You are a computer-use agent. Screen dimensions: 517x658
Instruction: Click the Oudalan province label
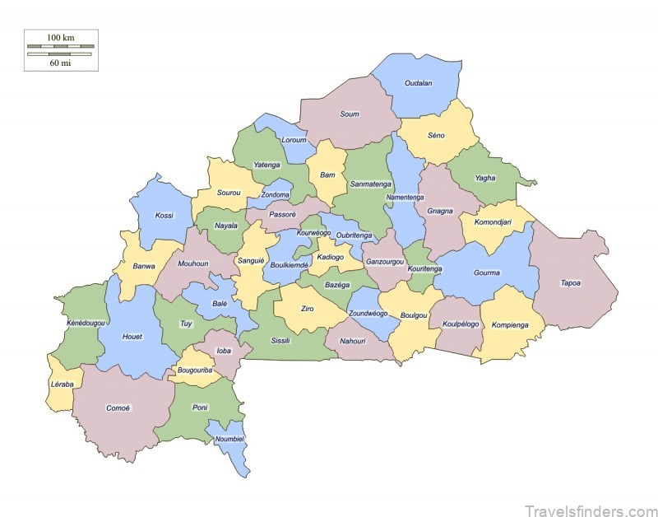pos(418,83)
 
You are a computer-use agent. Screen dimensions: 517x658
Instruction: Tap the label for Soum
pos(350,114)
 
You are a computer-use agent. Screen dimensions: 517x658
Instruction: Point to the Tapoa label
pos(571,283)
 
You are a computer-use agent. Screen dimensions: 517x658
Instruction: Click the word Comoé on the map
pos(118,408)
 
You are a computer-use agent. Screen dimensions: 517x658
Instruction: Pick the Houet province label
pos(132,337)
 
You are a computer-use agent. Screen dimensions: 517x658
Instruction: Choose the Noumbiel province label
pos(229,439)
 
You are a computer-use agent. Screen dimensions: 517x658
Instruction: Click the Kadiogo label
pos(330,257)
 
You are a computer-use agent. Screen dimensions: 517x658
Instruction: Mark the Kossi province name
pos(164,216)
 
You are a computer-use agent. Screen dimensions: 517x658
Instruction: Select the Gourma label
pos(487,272)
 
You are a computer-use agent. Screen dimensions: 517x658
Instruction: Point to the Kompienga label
pos(510,325)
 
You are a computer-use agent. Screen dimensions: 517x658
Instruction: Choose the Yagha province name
pos(485,178)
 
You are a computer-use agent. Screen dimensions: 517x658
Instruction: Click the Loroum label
pos(294,140)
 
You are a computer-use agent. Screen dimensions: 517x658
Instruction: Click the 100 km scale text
pos(60,38)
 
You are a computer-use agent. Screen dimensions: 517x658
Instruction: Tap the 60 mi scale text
pos(60,63)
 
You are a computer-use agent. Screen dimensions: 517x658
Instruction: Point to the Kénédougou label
pos(86,324)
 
